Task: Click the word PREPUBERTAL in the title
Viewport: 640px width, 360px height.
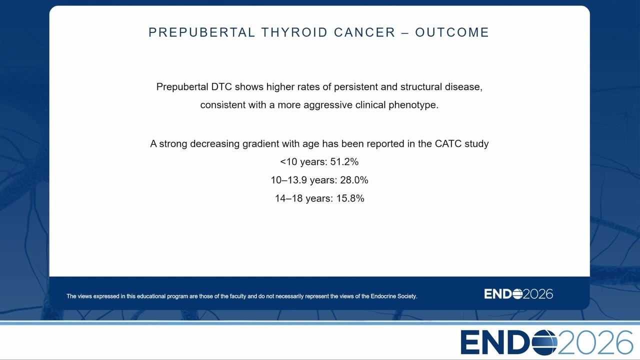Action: pos(201,32)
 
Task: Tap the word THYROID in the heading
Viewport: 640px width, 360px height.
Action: pos(294,32)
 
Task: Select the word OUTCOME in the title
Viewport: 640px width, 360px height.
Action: pos(452,32)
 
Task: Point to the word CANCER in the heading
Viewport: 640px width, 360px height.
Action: pos(364,32)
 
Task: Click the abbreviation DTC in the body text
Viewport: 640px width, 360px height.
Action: pos(221,86)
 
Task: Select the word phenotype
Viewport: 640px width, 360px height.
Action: pos(413,105)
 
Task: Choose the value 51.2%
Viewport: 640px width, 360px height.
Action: pos(344,161)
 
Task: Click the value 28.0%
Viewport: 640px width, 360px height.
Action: pos(354,180)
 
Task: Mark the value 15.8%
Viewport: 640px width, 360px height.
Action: pos(350,198)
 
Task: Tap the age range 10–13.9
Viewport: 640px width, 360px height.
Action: pos(289,180)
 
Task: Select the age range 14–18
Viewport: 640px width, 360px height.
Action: pos(288,198)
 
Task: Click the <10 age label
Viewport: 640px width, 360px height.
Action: pos(288,161)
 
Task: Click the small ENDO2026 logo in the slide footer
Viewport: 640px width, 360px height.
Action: pos(518,294)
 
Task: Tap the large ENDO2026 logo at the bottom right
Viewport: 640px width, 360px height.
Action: pos(546,342)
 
